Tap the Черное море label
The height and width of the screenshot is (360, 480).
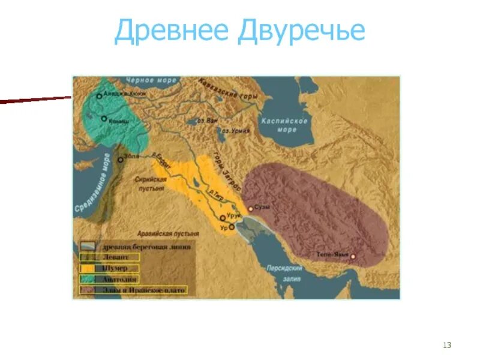[x=151, y=80]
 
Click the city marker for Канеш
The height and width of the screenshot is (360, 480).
[x=104, y=119]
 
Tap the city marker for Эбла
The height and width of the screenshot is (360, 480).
[x=120, y=160]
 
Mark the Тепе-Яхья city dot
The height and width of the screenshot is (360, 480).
[x=353, y=257]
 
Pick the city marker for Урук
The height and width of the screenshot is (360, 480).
[x=223, y=218]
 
